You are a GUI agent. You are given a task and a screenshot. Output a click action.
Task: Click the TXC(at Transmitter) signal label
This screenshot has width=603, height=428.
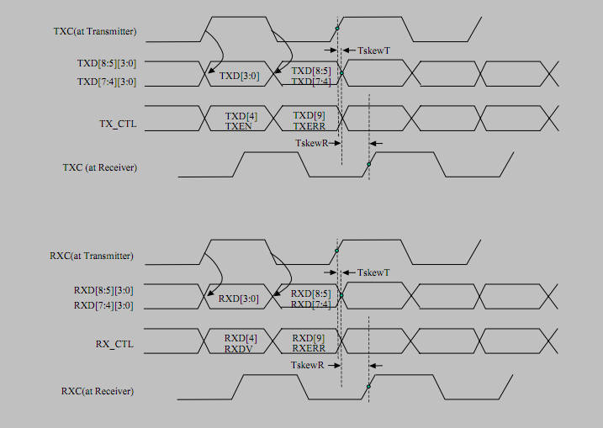pos(95,31)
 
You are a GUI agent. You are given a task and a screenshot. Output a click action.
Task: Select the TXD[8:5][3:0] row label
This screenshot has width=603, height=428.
pos(107,63)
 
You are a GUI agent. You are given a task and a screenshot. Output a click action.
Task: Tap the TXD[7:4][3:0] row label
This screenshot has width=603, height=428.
pos(107,82)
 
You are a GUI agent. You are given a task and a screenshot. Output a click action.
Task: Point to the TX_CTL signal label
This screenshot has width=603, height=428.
pos(118,124)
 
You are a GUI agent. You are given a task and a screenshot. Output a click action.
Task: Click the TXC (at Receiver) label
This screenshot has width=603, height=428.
pos(100,167)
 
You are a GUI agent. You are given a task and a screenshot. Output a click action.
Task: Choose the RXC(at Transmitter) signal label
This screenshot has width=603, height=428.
pos(92,256)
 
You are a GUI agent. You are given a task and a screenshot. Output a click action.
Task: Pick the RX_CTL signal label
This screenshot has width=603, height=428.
pos(114,344)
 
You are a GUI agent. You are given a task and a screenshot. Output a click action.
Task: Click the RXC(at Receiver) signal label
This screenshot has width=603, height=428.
pos(98,391)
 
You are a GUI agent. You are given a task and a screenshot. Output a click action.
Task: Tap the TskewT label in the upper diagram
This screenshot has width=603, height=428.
pos(373,50)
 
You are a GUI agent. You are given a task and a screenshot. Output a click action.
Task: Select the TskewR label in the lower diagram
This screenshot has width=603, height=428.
pos(307,365)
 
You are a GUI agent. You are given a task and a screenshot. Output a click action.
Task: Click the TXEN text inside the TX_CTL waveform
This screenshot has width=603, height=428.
pos(239,126)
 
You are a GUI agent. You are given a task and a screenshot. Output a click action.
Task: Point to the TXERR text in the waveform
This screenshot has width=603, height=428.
pos(309,126)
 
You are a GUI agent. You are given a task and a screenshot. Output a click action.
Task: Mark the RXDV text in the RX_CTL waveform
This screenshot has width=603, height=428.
pos(239,349)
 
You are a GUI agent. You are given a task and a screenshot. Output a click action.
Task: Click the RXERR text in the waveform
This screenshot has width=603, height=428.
pos(309,348)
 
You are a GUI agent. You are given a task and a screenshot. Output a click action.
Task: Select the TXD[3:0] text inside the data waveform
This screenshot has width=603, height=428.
pos(239,76)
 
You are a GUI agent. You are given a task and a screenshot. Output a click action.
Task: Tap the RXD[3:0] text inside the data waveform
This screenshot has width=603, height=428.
pos(239,299)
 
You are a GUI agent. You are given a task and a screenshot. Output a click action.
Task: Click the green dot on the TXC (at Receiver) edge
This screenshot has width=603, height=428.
pos(369,164)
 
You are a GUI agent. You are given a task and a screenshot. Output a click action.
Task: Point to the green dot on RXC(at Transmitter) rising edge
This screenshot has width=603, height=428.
pos(337,251)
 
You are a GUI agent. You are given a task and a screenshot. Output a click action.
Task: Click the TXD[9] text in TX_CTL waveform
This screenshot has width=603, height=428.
pos(309,116)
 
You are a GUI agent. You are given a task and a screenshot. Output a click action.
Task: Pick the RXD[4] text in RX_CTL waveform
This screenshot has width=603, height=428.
pos(241,338)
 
